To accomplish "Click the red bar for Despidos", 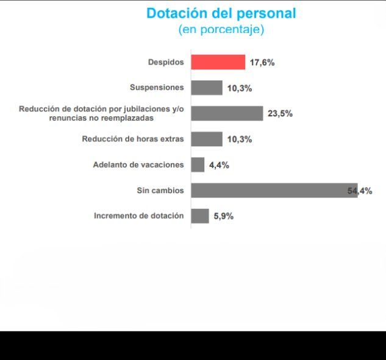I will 218,62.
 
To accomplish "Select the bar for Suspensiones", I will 206,88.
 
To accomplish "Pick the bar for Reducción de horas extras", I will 206,139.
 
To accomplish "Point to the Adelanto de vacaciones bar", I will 198,164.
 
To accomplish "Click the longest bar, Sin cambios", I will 274,190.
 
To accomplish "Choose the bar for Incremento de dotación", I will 199,216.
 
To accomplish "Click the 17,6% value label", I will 262,62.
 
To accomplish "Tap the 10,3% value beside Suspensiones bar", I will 240,88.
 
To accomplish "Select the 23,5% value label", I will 280,113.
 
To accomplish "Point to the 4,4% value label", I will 219,164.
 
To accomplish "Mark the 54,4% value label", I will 360,191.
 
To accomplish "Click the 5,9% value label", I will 224,216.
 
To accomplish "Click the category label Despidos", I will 165,62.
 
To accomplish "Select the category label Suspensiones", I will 157,88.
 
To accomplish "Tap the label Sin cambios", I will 160,190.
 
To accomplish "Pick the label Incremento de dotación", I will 138,216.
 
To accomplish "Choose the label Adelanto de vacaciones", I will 138,164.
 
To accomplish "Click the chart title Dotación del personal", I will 221,13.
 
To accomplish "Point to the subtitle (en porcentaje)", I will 221,29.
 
